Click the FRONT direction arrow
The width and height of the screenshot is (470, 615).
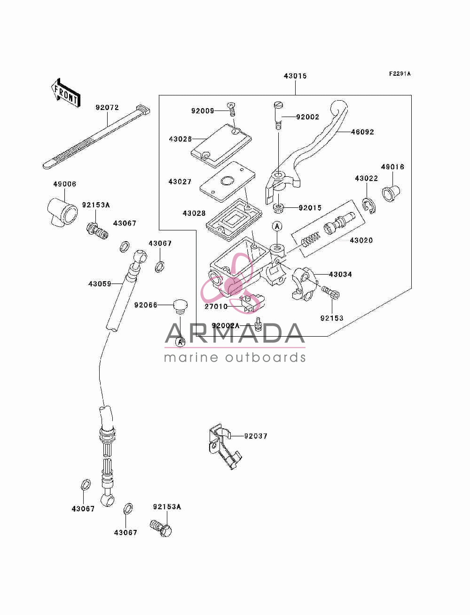click(66, 92)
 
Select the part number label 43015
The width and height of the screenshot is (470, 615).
click(295, 76)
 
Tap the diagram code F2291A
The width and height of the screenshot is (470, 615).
click(399, 74)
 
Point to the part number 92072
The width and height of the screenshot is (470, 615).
click(107, 108)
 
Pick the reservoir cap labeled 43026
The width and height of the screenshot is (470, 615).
click(221, 146)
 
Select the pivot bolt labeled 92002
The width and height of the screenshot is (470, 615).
click(278, 116)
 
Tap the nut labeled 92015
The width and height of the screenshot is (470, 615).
click(278, 208)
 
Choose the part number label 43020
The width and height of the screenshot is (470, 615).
click(361, 240)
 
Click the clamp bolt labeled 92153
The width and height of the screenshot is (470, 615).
click(330, 292)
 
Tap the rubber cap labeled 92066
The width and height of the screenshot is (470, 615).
click(180, 307)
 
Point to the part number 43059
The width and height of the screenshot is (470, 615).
click(100, 284)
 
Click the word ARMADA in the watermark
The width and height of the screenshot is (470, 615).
click(235, 333)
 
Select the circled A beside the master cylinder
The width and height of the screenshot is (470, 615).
click(277, 226)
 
